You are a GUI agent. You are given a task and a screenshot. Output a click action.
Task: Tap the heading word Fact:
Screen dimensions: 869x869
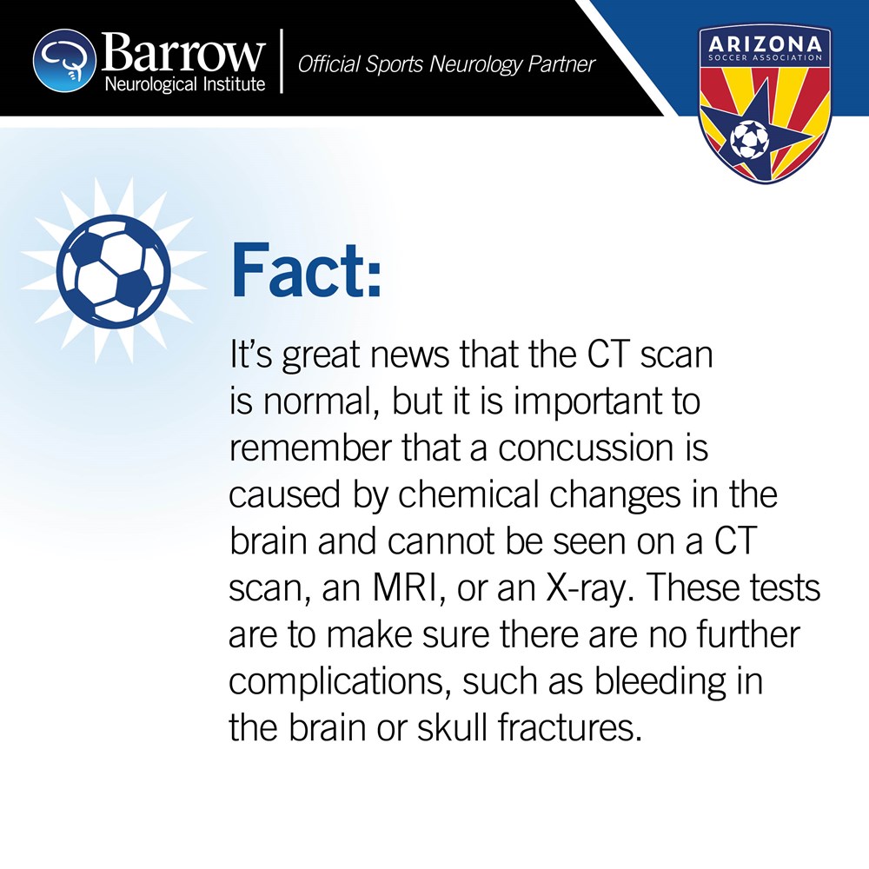pyautogui.click(x=306, y=270)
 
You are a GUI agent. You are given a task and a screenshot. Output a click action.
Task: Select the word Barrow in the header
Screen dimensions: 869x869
pyautogui.click(x=182, y=52)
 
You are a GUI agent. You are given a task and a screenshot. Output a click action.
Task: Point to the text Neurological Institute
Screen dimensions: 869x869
pyautogui.click(x=185, y=83)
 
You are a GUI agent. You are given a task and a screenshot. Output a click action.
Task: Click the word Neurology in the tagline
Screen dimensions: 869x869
pyautogui.click(x=475, y=65)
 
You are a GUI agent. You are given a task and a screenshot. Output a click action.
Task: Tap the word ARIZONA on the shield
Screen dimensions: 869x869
pyautogui.click(x=766, y=43)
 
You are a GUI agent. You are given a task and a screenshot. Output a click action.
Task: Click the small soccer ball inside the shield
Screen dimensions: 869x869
pyautogui.click(x=749, y=139)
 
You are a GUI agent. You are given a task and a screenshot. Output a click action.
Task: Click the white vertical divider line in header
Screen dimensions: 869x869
pyautogui.click(x=282, y=61)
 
